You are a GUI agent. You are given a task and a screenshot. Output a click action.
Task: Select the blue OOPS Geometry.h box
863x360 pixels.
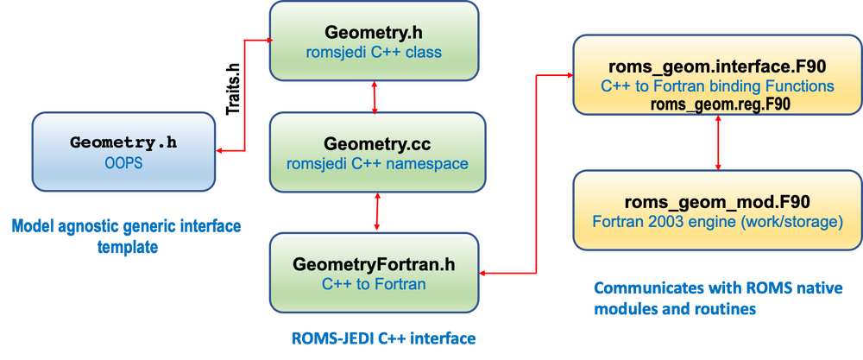point(124,152)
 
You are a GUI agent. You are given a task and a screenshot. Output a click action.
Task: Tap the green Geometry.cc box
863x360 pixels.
point(377,153)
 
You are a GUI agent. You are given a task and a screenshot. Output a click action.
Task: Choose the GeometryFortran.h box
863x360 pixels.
point(374,273)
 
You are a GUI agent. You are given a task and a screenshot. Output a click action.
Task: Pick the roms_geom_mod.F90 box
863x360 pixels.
point(718,211)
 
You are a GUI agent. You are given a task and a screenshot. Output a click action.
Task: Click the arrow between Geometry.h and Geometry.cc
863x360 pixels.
point(375,97)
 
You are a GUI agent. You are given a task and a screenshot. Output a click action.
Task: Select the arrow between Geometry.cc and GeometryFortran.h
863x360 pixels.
point(377,212)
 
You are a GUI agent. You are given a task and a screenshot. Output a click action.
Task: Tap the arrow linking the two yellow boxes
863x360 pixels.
point(718,142)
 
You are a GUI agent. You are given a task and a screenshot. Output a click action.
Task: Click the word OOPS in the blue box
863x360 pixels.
point(124,163)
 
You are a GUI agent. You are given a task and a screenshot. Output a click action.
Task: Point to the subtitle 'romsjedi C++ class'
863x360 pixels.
point(374,53)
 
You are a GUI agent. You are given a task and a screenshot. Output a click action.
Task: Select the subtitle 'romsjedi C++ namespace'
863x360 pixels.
point(377,164)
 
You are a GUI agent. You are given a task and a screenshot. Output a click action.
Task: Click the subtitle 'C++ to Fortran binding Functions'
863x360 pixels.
point(718,86)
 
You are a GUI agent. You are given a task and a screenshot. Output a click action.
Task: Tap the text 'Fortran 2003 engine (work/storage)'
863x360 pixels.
point(718,223)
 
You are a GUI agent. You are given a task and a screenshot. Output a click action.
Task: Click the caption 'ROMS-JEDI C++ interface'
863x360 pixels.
point(383,338)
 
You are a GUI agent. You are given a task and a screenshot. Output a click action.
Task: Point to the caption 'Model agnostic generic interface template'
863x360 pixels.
point(127,237)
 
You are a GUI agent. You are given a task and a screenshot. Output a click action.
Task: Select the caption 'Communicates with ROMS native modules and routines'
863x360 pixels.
point(718,299)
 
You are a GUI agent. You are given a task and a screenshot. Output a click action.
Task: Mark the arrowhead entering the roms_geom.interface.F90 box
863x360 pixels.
point(569,73)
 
